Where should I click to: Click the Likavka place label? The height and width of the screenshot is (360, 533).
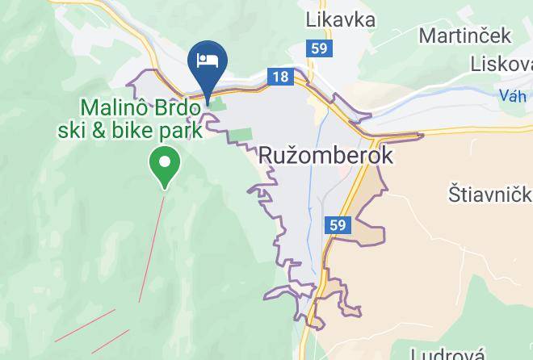341,19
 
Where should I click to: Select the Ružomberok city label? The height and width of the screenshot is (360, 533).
326,155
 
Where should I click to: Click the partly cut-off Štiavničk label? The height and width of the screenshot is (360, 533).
489,195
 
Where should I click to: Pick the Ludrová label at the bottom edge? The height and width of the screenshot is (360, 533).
448,354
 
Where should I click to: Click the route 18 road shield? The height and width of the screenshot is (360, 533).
280,77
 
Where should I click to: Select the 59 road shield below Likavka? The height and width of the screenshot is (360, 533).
318,49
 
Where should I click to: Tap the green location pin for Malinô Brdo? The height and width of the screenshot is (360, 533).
165,164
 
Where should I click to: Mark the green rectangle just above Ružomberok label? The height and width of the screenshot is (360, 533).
243,136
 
